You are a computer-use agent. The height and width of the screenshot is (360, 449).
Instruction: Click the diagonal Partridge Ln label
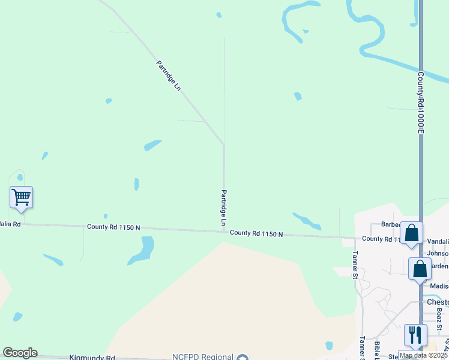coord(168,76)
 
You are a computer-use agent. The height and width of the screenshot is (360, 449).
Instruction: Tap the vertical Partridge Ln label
coord(223,208)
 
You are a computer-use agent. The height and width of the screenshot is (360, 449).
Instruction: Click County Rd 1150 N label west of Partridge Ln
coord(113,227)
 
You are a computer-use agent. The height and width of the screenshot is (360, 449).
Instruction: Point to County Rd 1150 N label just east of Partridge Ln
coord(256,233)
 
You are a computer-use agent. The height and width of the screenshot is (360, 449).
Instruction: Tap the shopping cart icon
coord(21,196)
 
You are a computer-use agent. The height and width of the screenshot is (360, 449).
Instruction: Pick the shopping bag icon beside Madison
coord(420,268)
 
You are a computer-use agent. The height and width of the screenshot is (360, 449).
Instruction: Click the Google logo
coord(20,353)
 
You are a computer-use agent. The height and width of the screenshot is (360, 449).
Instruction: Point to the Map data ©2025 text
coord(423,355)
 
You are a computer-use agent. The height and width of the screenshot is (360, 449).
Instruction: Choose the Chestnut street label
coord(438,302)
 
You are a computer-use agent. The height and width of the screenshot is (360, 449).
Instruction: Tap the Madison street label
coord(439,286)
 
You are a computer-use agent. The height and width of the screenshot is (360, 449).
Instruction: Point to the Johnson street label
coord(438,253)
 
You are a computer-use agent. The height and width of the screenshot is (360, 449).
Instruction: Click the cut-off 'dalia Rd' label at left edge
coord(10,224)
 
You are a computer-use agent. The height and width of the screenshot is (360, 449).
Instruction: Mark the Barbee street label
coord(391,225)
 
